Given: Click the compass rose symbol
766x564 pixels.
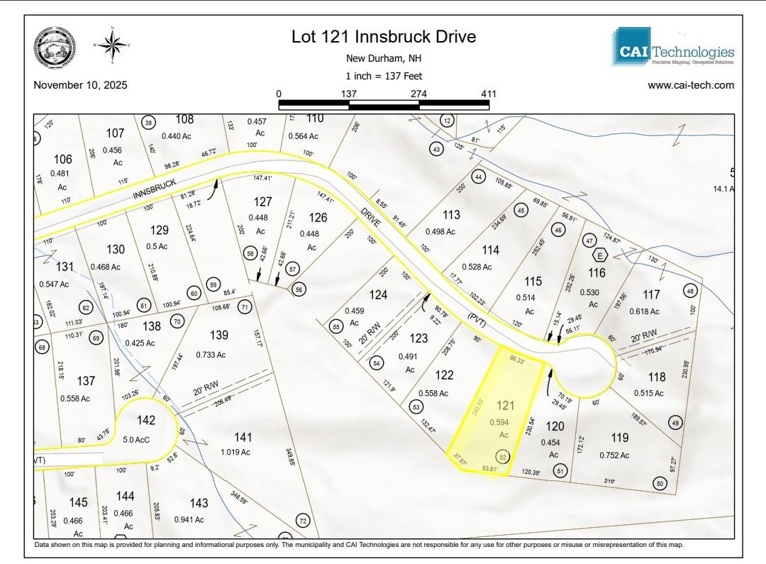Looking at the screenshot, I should (x=111, y=45).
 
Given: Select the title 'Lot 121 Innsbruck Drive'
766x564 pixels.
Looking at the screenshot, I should (x=384, y=37).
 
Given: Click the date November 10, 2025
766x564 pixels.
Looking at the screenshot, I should (x=80, y=85).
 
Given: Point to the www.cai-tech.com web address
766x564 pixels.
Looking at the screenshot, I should (x=691, y=85).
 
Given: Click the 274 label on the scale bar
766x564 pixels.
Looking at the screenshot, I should (x=418, y=94).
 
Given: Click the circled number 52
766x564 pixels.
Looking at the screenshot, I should (x=503, y=457).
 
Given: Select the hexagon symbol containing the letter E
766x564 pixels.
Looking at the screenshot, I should (x=600, y=255).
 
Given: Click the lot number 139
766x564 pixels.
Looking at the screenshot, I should (x=219, y=335).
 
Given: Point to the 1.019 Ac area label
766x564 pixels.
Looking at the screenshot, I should (x=235, y=452).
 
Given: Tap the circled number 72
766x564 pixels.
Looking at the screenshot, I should (x=303, y=521).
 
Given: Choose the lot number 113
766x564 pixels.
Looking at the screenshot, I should (x=451, y=214).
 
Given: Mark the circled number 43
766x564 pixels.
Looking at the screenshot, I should (x=437, y=149).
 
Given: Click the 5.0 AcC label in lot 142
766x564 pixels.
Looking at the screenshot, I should (x=137, y=438).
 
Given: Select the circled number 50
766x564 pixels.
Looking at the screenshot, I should (x=660, y=484).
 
